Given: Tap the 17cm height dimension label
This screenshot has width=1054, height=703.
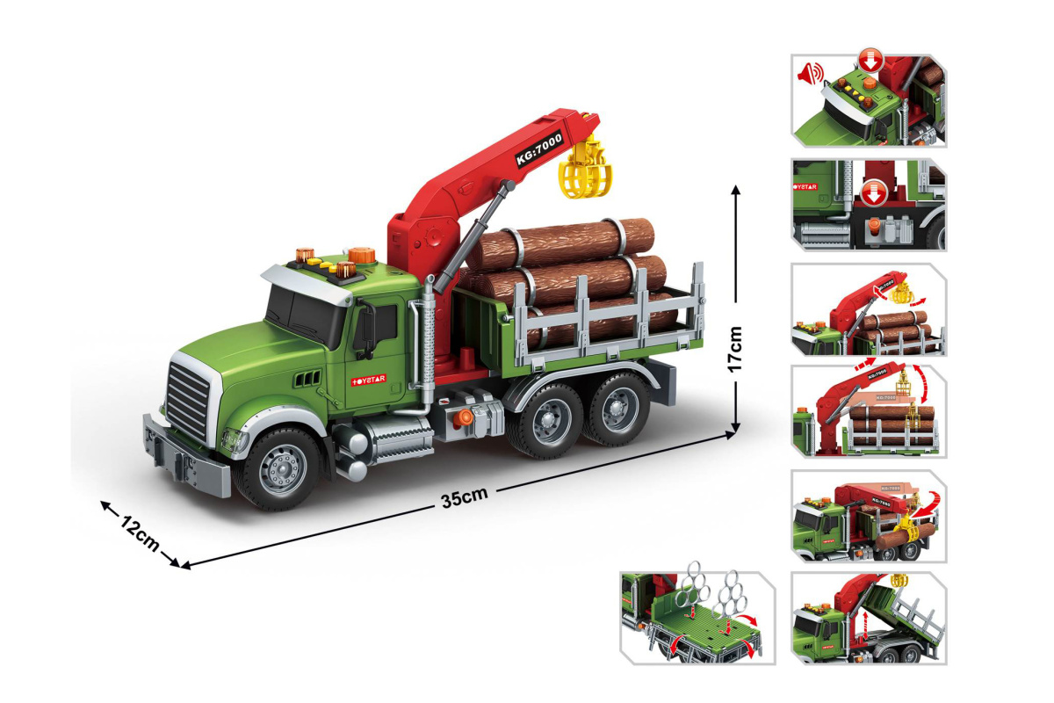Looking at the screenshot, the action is coord(734,350).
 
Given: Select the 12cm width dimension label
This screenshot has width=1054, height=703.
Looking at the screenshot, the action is coord(140,533).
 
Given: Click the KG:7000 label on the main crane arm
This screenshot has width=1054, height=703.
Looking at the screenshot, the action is coord(539,149).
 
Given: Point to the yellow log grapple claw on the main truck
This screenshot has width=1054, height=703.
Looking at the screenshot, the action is coord(585,168).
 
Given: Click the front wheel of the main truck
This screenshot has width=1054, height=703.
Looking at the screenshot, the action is coord(280,468).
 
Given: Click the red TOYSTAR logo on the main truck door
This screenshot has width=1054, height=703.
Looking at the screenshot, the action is coord(368,380).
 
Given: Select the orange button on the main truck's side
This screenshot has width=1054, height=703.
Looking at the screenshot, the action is coord(464,417).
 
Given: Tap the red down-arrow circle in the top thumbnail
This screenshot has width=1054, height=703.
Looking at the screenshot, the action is coord(870,61).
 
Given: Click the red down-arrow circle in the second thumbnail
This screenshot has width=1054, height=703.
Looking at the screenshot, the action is coord(874,193).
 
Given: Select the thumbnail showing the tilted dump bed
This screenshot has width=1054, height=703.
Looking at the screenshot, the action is coord(869,618).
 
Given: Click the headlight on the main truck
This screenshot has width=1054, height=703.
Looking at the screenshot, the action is coord(235,441).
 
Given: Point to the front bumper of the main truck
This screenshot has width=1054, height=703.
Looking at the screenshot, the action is coord(186,456).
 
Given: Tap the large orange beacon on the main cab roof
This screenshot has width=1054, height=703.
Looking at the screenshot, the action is coord(362,255).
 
